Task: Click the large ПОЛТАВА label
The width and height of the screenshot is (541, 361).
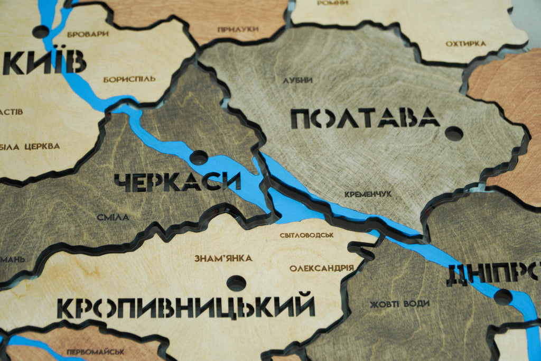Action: tap(365, 118)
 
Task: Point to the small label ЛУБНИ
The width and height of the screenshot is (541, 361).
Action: tap(297, 80)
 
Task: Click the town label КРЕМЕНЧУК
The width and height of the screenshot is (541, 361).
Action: tap(368, 194)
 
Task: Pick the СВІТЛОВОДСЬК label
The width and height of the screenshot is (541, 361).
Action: tap(307, 235)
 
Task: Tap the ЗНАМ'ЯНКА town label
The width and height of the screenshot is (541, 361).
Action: tap(223, 258)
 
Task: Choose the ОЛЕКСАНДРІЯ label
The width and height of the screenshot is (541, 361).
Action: tap(321, 268)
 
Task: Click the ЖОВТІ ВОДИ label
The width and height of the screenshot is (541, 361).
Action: tap(399, 304)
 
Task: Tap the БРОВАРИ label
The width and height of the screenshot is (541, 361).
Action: tap(88, 34)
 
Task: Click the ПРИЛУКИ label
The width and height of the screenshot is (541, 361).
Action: tap(234, 29)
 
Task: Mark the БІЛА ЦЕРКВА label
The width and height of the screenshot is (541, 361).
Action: tap(30, 146)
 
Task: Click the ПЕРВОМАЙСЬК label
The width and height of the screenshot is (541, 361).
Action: tap(96, 351)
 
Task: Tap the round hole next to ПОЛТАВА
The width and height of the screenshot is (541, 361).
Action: tap(454, 133)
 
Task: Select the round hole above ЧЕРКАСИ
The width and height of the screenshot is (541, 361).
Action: tap(199, 157)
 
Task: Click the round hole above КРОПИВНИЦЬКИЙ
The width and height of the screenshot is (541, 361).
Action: tap(236, 283)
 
